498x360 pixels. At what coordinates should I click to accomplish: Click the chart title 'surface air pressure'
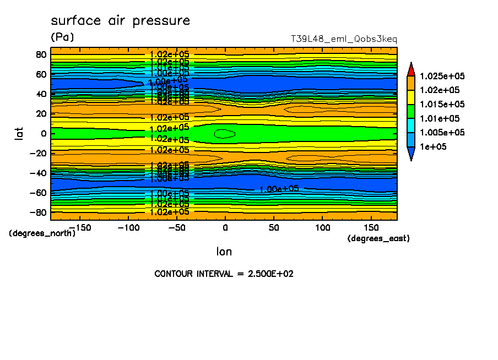tap(120, 21)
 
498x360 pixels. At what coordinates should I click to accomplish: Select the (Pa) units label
tap(62, 37)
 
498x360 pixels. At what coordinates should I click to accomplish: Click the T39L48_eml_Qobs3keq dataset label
tap(344, 40)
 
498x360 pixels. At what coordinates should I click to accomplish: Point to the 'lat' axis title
tap(19, 132)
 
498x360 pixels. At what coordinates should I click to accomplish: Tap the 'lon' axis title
tap(224, 252)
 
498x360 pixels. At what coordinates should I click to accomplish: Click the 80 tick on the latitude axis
tap(41, 54)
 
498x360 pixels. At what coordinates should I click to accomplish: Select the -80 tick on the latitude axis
tap(39, 212)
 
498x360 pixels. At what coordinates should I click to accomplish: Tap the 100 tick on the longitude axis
tap(322, 227)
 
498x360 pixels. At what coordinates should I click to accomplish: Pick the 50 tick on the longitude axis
tap(274, 227)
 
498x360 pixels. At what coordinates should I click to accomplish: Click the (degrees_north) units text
tap(42, 233)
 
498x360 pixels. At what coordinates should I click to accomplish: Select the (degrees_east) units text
tap(378, 238)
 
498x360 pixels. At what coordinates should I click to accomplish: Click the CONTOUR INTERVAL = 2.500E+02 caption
tap(224, 274)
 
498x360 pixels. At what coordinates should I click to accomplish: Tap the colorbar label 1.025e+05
tap(442, 76)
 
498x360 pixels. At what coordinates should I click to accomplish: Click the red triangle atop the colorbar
tap(411, 69)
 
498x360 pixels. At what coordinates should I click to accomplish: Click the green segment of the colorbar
tap(411, 111)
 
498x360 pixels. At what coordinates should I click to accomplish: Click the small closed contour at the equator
tap(225, 134)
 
